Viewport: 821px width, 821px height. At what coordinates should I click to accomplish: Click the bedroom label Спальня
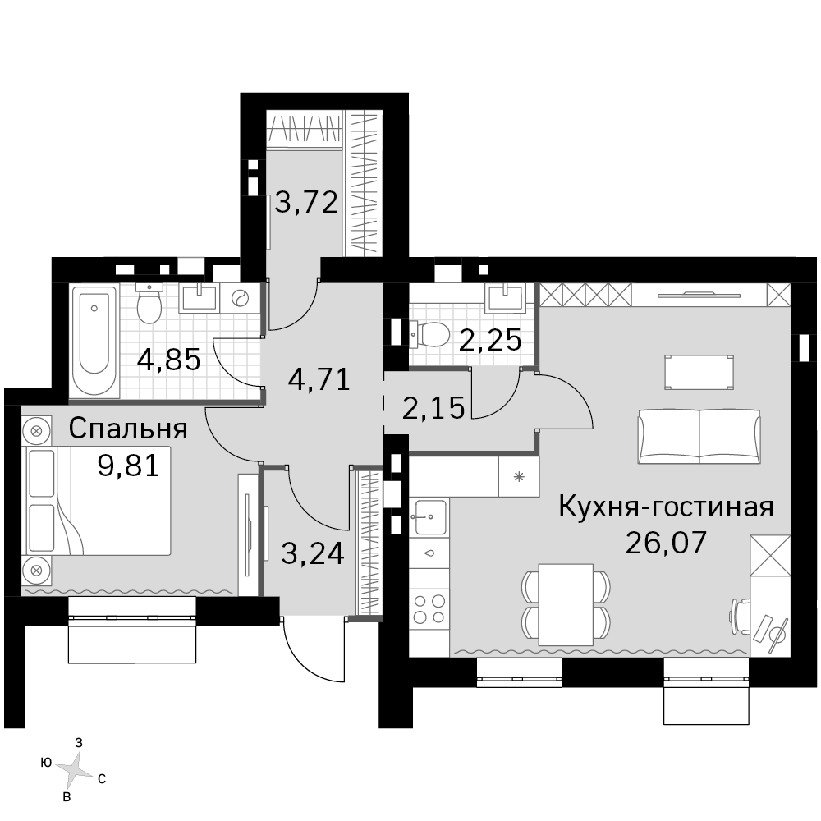click(128, 429)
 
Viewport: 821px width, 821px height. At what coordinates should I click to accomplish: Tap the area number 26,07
click(666, 543)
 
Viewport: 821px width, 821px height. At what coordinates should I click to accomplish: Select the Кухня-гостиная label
click(666, 507)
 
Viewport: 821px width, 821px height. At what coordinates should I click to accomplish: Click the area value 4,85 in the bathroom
click(169, 360)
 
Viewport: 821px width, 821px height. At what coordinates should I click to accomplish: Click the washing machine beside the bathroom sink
click(241, 299)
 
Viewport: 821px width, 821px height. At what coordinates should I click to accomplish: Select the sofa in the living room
click(699, 436)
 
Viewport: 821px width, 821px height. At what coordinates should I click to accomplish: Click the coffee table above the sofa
click(699, 372)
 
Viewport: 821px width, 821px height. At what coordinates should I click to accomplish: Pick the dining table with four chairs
click(566, 604)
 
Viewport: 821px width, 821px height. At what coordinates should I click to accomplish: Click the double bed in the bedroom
click(97, 501)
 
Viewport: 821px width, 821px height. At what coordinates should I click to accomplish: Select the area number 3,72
click(306, 203)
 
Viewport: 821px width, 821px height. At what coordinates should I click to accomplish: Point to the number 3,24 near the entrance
click(313, 553)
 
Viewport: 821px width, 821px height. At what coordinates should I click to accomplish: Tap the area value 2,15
click(433, 408)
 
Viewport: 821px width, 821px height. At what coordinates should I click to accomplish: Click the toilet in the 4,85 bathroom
click(149, 303)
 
